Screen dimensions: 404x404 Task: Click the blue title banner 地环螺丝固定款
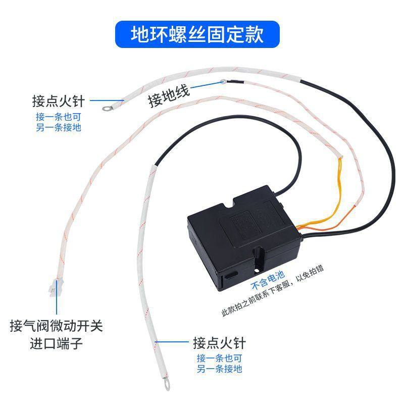pyautogui.click(x=197, y=34)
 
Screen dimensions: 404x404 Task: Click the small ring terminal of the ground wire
pyautogui.click(x=223, y=82)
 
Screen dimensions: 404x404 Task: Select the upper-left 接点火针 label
pyautogui.click(x=59, y=101)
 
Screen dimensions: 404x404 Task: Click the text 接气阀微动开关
pyautogui.click(x=57, y=326)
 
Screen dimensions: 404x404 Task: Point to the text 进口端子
pyautogui.click(x=57, y=343)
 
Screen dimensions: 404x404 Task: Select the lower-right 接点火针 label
pyautogui.click(x=219, y=343)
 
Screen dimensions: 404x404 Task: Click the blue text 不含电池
pyautogui.click(x=268, y=280)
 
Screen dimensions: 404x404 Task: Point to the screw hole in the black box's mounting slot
pyautogui.click(x=257, y=270)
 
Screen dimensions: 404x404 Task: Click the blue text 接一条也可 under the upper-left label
pyautogui.click(x=59, y=117)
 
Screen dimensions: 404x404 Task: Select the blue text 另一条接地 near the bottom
pyautogui.click(x=219, y=369)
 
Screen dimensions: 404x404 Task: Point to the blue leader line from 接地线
pyautogui.click(x=207, y=85)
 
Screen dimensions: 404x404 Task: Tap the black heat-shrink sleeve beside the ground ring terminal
pyautogui.click(x=234, y=82)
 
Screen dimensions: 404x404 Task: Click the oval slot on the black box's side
pyautogui.click(x=231, y=275)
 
